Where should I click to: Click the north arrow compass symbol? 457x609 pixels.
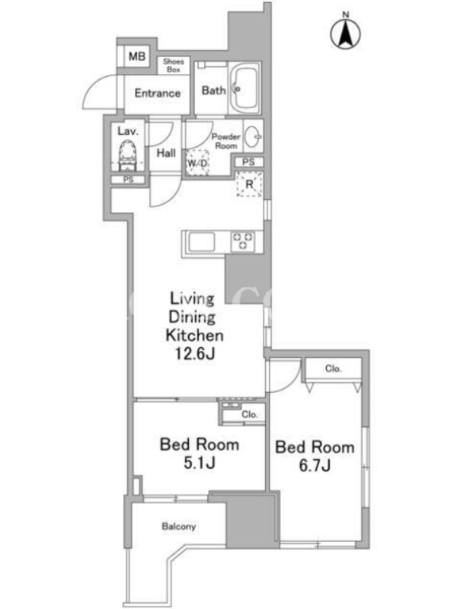pos(346,33)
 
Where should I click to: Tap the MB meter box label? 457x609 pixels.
pos(137,56)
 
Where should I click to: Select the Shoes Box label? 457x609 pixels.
pos(174,65)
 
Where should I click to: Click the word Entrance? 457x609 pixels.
pos(158,93)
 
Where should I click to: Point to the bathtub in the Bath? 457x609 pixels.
pos(244,89)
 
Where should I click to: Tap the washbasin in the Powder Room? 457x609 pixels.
pos(253,136)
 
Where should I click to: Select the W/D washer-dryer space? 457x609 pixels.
pos(197,163)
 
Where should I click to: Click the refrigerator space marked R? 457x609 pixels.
pos(250,183)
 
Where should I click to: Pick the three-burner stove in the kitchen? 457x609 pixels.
pos(243,241)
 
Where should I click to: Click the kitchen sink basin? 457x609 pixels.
pos(201,242)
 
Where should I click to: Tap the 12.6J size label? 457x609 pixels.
pos(195,353)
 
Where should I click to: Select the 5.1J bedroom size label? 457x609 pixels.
pos(200,463)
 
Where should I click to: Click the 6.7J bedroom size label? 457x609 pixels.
pos(315,465)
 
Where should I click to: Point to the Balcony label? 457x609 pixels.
pos(179,527)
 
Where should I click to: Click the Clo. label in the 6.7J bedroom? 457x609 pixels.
pos(333,368)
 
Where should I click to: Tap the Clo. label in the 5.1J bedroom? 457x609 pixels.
pos(250,414)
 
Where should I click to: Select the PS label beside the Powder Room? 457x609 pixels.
pos(249,162)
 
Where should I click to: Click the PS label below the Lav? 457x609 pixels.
pos(128,180)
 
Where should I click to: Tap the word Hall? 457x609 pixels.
pos(166,153)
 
